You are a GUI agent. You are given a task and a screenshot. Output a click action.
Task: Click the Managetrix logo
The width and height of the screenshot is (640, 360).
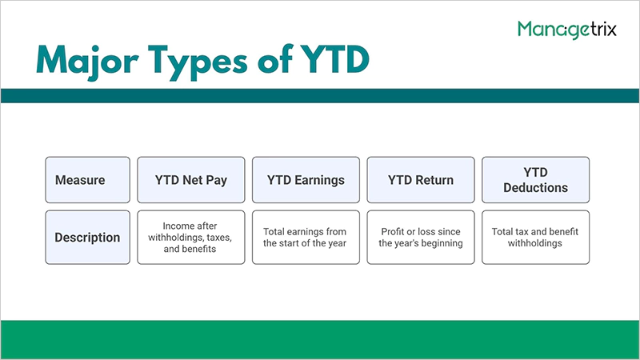click(569, 30)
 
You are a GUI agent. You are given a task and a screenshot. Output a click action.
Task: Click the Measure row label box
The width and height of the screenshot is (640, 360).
click(87, 180)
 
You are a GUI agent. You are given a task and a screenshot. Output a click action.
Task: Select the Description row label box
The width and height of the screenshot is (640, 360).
click(87, 238)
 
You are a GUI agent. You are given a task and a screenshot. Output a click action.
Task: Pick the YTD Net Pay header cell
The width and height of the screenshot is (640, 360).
click(191, 180)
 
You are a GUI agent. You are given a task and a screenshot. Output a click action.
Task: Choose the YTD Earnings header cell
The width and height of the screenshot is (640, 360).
click(305, 180)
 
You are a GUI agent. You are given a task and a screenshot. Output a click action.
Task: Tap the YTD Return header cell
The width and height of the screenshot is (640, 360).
click(420, 180)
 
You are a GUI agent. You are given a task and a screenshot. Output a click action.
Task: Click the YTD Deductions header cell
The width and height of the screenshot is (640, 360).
click(534, 180)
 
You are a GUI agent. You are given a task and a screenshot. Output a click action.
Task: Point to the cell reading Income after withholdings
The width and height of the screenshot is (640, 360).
click(191, 238)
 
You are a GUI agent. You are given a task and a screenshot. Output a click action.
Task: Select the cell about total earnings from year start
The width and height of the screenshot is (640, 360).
click(305, 238)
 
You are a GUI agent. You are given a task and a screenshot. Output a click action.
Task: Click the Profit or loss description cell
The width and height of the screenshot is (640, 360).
click(420, 238)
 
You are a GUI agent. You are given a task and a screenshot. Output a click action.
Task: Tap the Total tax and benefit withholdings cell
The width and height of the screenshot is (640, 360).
click(534, 238)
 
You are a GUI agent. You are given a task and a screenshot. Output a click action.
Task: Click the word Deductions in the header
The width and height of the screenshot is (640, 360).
click(534, 188)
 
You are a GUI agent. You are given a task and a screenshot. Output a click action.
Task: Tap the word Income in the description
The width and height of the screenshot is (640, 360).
click(178, 226)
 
